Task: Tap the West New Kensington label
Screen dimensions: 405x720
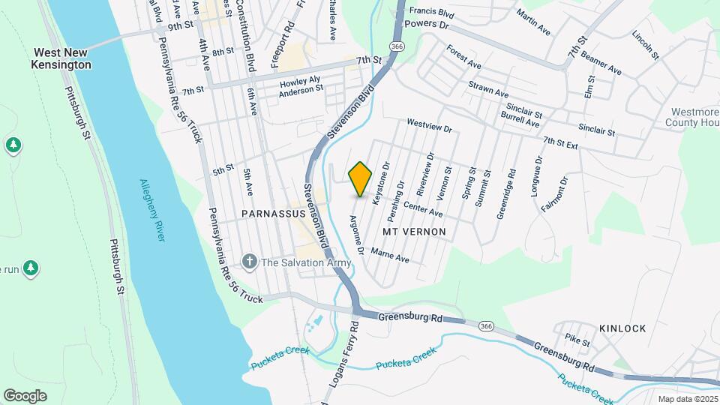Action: [62, 59]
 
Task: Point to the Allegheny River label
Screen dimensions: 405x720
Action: [152, 209]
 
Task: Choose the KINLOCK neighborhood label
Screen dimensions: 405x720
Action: [622, 328]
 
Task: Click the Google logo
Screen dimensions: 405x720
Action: [25, 395]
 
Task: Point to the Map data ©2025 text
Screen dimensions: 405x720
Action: [688, 399]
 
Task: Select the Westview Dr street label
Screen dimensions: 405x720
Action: [430, 124]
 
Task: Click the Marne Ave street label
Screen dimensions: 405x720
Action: [390, 255]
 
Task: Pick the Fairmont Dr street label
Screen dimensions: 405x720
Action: [554, 194]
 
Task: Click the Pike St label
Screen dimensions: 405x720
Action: [577, 342]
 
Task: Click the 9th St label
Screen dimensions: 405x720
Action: [181, 26]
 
